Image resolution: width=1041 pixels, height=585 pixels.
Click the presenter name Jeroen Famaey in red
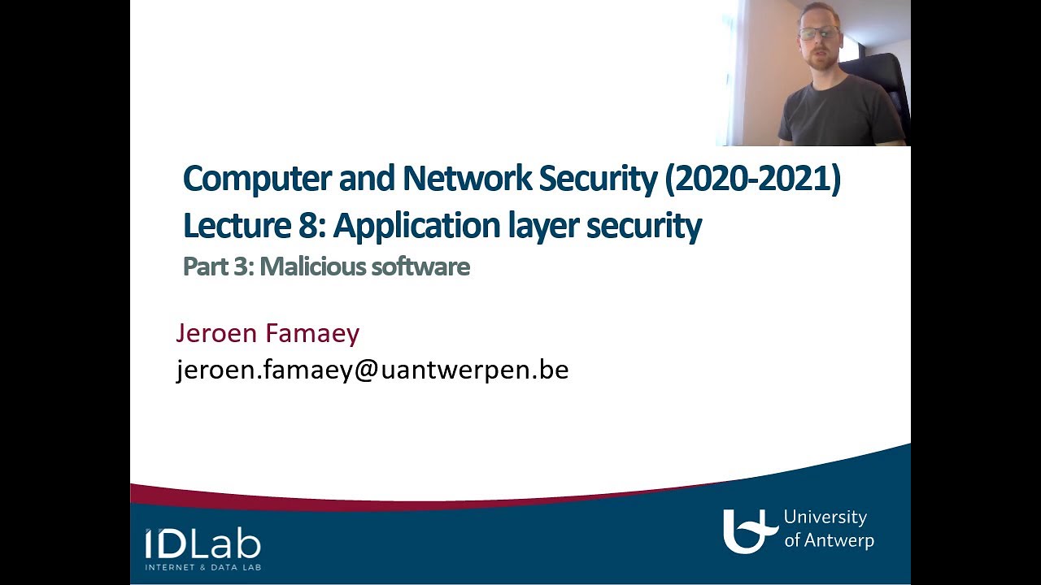click(x=268, y=333)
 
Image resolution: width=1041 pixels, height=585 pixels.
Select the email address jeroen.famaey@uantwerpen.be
click(x=372, y=370)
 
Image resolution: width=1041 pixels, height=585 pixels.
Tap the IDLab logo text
click(x=203, y=543)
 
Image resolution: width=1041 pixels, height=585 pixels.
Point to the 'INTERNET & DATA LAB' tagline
click(x=203, y=566)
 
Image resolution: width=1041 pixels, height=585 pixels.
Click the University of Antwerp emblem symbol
click(x=748, y=531)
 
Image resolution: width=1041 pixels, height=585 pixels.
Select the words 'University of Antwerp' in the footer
click(x=828, y=528)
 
